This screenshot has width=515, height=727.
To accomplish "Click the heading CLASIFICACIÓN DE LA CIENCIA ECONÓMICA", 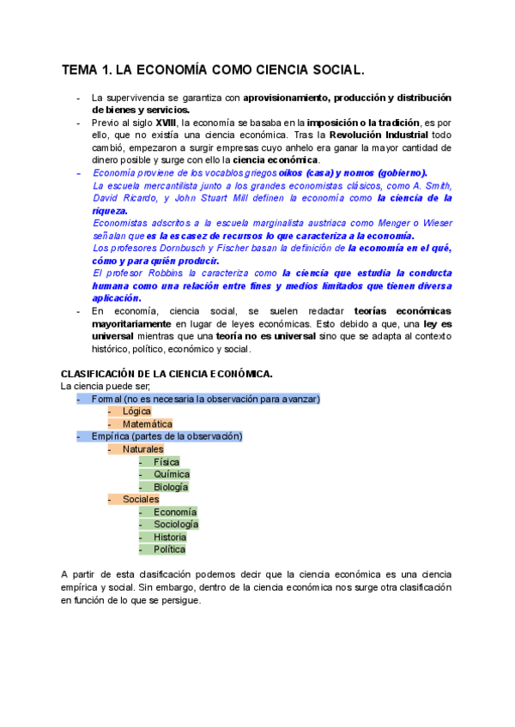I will (167, 374).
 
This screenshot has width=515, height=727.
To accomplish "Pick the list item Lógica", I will (136, 412).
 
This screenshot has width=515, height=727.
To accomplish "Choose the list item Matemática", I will (147, 424).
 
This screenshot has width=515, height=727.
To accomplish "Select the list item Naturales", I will (142, 448).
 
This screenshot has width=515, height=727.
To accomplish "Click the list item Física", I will (167, 461).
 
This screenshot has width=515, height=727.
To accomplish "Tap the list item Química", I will (172, 474).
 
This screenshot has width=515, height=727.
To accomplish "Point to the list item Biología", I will (171, 487).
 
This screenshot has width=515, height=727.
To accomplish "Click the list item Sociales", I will (141, 499).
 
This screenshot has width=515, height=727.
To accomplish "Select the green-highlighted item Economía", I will (175, 512).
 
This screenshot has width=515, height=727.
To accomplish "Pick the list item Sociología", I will (176, 524).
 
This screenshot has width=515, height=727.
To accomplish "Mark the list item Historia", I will (170, 537).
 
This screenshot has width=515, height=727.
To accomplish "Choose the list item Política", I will (169, 550).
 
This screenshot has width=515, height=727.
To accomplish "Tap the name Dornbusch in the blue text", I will (171, 248).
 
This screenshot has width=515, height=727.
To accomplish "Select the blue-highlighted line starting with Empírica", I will (167, 436).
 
